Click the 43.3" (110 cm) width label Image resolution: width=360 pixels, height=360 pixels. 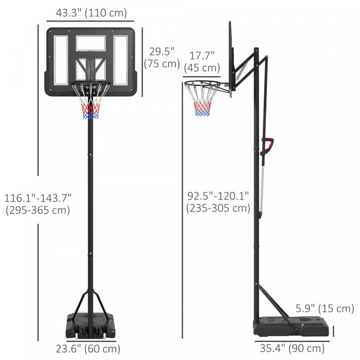[x=91, y=13]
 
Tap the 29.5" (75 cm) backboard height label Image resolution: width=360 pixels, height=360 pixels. [x=162, y=58]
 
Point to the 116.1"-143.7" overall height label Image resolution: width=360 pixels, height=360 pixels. [x=37, y=204]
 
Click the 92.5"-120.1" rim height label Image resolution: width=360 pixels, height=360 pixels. [x=218, y=202]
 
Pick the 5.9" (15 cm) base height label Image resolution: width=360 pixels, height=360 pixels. [x=325, y=309]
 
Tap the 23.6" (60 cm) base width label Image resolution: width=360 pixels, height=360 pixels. [x=88, y=349]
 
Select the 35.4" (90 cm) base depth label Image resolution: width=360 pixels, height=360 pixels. [x=292, y=349]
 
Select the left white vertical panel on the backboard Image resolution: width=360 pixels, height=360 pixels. [x=61, y=61]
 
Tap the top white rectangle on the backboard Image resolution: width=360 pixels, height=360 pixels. [x=91, y=43]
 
